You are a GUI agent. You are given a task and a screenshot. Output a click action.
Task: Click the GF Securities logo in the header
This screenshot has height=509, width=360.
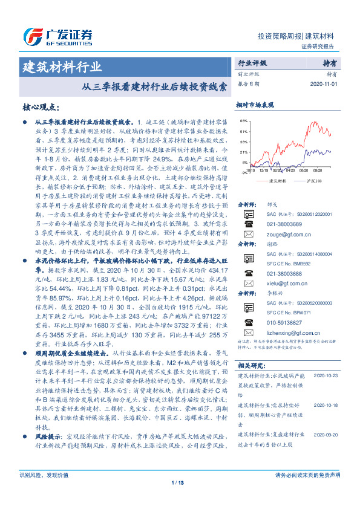(54, 35)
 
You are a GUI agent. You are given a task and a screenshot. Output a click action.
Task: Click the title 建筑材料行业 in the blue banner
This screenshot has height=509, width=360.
(62, 66)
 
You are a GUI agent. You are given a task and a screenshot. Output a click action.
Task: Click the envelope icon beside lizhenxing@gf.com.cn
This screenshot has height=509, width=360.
(248, 332)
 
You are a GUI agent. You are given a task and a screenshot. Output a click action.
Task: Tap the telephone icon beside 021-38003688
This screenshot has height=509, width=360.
(248, 273)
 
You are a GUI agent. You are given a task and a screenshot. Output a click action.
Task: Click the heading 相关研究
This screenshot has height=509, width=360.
(250, 365)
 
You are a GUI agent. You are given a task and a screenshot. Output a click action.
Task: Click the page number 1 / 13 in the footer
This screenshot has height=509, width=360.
(178, 499)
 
